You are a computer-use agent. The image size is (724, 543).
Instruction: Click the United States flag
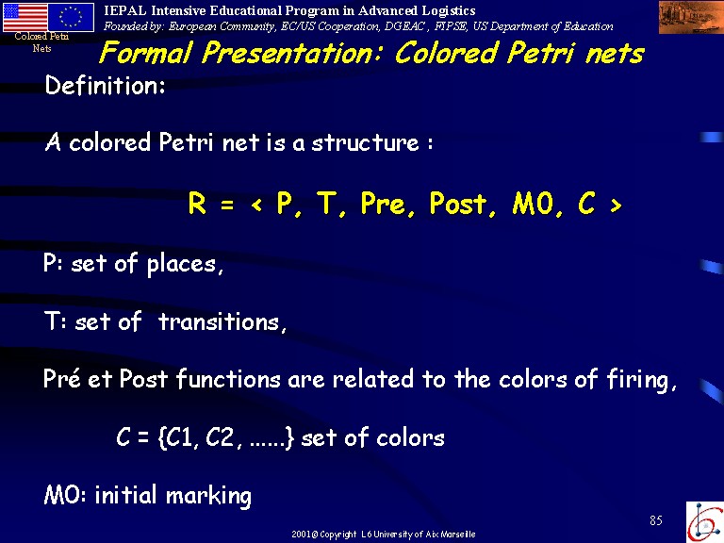coord(25,17)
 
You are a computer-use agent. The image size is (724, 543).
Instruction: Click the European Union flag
coord(71,17)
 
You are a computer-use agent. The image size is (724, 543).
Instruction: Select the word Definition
coord(105,86)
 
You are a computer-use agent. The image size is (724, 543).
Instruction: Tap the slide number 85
coord(656,520)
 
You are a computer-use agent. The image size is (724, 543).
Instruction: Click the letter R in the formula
coord(197,204)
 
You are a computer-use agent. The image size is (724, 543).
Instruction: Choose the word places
coord(185,265)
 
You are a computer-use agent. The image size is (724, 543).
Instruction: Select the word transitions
coord(222,321)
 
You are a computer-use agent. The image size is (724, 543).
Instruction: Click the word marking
coord(208,496)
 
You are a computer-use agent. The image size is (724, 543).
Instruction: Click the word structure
coord(365,142)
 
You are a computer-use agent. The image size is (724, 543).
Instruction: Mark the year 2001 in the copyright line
coord(301,535)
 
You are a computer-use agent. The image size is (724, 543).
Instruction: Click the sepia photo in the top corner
coord(691,17)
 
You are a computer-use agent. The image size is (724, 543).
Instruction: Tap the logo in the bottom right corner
coord(705,522)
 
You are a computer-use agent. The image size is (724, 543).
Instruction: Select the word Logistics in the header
coord(447,10)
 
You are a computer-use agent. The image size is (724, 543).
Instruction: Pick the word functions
coord(228,379)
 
